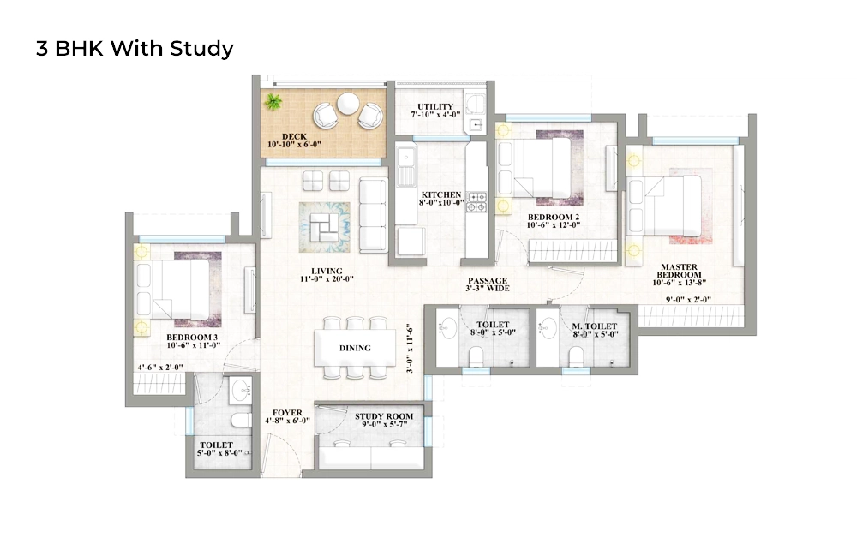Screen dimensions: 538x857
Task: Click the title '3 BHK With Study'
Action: coord(135,49)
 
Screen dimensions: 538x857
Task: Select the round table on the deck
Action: coord(347,103)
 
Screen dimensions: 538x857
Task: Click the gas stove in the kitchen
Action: coord(476,202)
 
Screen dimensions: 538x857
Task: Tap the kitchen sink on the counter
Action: coord(405,160)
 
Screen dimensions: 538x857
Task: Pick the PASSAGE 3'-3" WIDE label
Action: coord(488,284)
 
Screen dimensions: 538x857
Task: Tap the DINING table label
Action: coord(355,348)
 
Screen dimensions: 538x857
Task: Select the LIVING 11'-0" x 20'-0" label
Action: coord(327,275)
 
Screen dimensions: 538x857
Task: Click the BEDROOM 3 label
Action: coord(192,342)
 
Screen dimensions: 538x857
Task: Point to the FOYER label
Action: coord(286,416)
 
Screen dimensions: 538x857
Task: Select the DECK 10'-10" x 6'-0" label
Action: coord(295,140)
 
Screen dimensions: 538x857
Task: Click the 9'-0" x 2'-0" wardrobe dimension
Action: coord(687,300)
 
